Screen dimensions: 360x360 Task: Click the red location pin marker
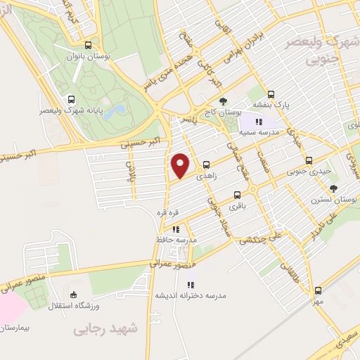click(x=181, y=166)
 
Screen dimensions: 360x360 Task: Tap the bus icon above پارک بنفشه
click(x=271, y=94)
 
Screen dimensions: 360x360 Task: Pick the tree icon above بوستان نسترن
click(x=333, y=188)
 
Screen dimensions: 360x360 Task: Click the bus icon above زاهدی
click(x=207, y=166)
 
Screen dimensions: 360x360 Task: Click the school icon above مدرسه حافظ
click(x=176, y=229)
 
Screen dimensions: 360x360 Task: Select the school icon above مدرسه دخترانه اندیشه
click(x=191, y=285)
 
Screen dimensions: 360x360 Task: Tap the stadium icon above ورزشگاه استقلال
click(x=75, y=294)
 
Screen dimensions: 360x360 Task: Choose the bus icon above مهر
click(x=318, y=290)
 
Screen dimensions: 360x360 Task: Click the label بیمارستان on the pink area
click(x=18, y=328)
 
